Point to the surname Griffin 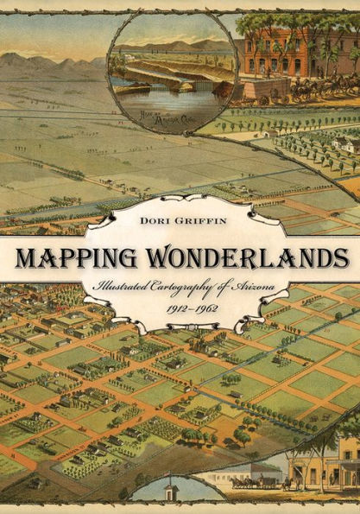[x=207, y=221]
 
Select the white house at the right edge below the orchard [x=344, y=144]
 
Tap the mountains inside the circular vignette [x=186, y=45]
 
